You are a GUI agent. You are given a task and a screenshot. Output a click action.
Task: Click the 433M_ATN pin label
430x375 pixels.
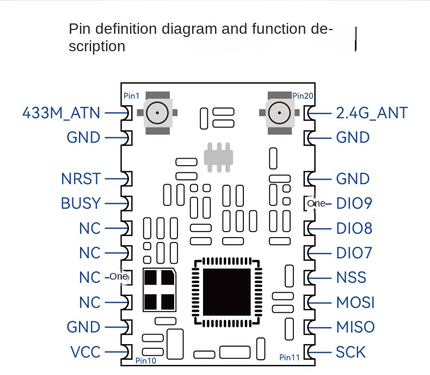click(x=62, y=113)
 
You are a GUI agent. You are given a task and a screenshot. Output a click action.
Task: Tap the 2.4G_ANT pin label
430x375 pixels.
click(x=372, y=113)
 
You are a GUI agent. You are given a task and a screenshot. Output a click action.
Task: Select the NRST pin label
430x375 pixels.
click(x=81, y=178)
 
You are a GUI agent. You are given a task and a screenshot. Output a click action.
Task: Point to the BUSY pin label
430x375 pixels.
click(x=81, y=203)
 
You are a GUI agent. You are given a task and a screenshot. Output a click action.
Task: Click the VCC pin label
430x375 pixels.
click(x=85, y=352)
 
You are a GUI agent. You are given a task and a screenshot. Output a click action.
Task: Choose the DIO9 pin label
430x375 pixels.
click(x=354, y=203)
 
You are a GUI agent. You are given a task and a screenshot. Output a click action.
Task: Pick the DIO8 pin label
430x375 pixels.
click(x=354, y=228)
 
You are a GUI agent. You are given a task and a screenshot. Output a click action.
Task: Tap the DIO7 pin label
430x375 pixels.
click(x=354, y=253)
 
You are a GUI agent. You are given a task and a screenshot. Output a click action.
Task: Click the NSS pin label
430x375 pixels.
click(x=351, y=277)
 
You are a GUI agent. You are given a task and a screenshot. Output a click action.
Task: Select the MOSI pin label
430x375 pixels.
click(x=355, y=302)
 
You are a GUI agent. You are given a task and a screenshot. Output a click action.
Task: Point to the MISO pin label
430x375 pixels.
click(x=355, y=327)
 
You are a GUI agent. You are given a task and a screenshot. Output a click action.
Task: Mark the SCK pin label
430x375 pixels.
click(x=351, y=352)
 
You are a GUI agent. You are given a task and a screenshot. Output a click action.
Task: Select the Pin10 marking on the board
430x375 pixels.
click(x=145, y=361)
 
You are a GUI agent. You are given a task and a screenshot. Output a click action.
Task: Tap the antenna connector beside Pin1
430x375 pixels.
click(x=158, y=113)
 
